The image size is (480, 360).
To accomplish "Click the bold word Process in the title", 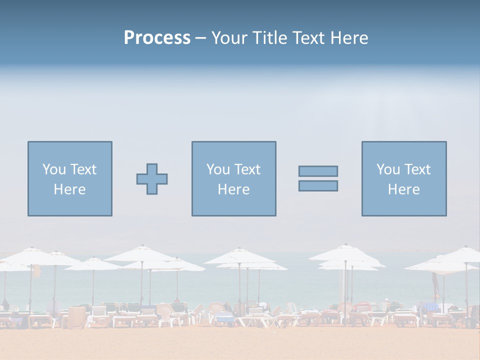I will (157, 38).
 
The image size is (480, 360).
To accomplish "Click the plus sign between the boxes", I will (152, 178).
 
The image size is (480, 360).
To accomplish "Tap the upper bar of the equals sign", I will (318, 171).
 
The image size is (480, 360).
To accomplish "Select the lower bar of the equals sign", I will (318, 185).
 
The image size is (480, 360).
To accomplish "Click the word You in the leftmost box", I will (53, 169).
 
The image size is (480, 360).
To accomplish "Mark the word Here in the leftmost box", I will (69, 189).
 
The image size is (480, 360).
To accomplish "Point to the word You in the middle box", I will (217, 169).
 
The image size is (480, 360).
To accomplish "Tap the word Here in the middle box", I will (233, 189).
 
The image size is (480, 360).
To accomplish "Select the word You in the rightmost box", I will (387, 169).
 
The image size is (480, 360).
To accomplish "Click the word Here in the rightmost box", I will (403, 189).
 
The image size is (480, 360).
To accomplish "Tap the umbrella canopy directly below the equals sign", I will (345, 254).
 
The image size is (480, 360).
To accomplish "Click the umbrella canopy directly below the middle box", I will (240, 256).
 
